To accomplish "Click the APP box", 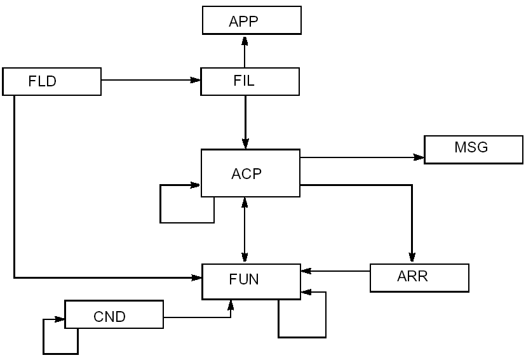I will [x=252, y=21].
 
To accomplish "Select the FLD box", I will [x=51, y=82].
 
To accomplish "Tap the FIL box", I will [x=250, y=81].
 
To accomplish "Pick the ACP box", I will [x=250, y=173].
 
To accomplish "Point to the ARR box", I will [x=419, y=277].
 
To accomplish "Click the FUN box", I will [x=251, y=280].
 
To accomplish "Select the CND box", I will [x=114, y=316].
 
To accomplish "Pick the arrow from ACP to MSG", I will [x=361, y=157].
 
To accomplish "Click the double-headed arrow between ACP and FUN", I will [x=245, y=230].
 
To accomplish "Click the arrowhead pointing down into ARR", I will [x=412, y=257].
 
